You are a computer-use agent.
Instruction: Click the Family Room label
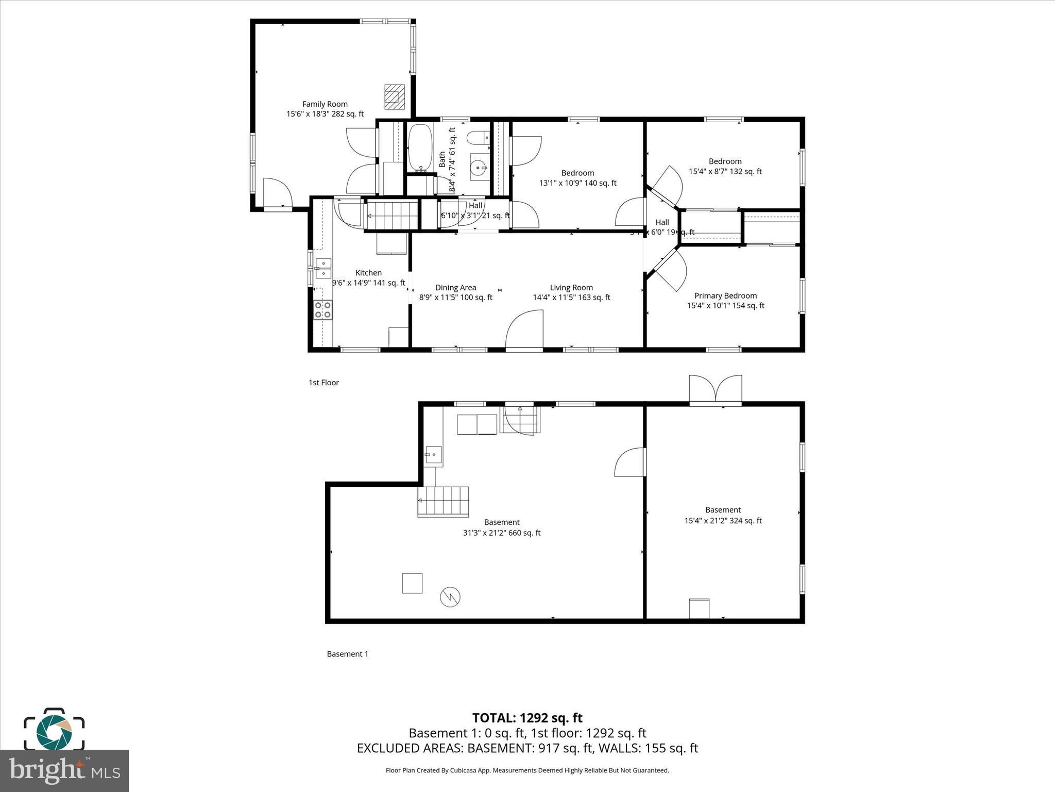pos(325,104)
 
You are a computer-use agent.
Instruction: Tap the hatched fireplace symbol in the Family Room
pos(395,97)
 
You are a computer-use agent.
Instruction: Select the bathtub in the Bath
pos(420,147)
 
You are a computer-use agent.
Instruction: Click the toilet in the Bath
pos(479,138)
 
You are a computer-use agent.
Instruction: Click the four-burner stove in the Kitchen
pos(323,310)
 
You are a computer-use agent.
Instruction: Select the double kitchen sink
pos(323,268)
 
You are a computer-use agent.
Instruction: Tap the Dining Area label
pos(455,288)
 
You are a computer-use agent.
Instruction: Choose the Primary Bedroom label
pos(725,296)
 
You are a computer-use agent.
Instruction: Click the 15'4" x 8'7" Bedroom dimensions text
pos(725,172)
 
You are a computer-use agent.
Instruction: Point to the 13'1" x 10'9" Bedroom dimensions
pos(577,183)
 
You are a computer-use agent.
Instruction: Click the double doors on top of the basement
pos(716,390)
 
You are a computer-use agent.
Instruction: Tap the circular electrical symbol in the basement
pos(450,597)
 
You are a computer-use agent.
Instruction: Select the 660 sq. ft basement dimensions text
pos(502,533)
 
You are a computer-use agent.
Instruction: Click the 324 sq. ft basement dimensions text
pos(723,521)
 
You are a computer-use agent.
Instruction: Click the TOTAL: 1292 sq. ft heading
pos(527,718)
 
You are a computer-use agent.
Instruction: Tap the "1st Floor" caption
pos(324,383)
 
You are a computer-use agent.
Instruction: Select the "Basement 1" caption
pos(348,654)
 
